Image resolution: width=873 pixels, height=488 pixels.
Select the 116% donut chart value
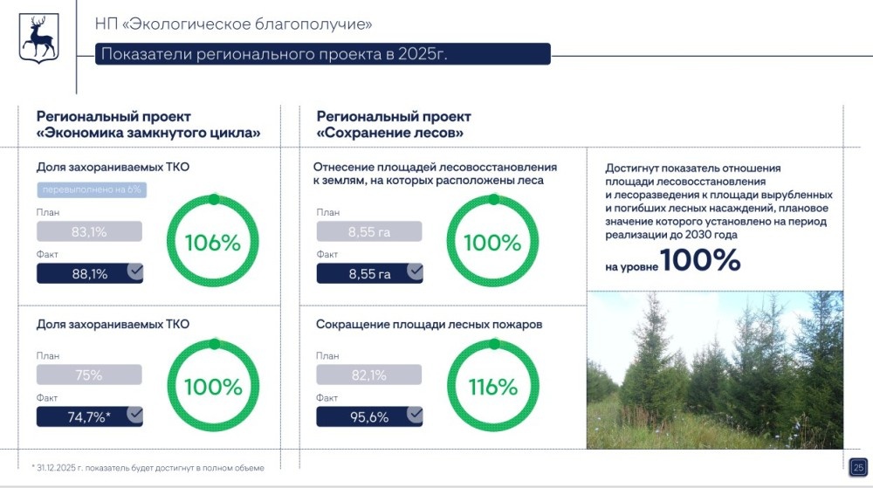pos(492,387)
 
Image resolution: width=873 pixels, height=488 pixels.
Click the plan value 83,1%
pos(89,231)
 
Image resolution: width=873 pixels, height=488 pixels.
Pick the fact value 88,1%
pos(89,273)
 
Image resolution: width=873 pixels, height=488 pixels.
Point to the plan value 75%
pos(89,375)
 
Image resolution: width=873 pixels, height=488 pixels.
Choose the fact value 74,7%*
pos(89,416)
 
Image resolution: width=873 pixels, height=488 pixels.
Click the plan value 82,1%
pos(368,375)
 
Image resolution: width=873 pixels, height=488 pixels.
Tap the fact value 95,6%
pos(368,416)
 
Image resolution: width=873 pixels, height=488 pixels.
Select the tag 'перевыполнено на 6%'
pos(91,189)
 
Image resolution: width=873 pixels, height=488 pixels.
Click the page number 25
pos(857,466)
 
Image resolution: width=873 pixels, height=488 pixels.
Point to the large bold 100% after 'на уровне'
pos(700,259)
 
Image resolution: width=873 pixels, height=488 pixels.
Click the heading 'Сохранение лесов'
pos(390,134)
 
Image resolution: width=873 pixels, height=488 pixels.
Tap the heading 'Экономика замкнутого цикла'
pos(149,134)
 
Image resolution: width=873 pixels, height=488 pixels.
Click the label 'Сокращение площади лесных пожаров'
pos(429,324)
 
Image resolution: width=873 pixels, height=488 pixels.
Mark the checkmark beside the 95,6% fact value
pos(415,416)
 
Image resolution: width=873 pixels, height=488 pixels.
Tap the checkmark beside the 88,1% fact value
pos(134,272)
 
